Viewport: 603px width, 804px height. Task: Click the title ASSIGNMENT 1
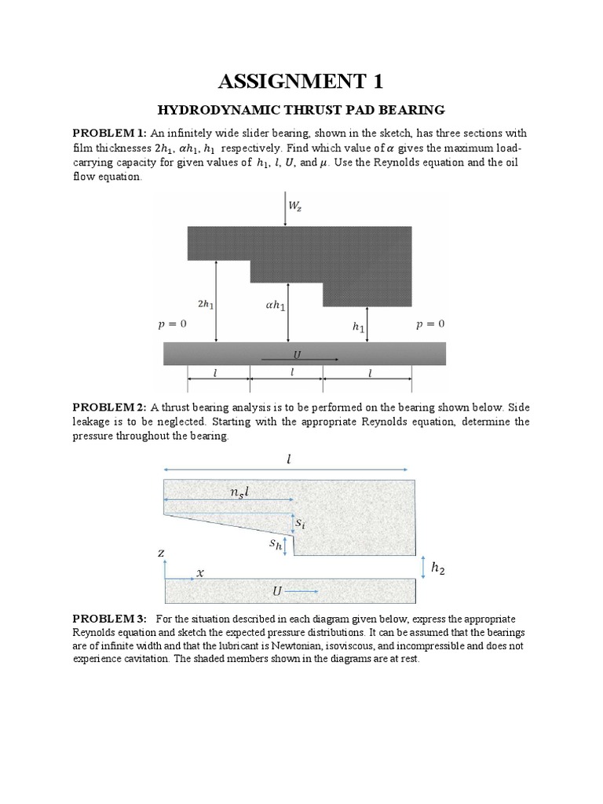click(301, 81)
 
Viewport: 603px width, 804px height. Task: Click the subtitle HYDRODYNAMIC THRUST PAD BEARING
click(301, 110)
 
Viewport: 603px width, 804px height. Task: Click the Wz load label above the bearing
click(295, 206)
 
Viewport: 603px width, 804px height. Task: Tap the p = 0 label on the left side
click(172, 323)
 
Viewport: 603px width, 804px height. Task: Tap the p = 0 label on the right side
click(429, 323)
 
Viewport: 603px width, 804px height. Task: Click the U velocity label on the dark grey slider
click(297, 355)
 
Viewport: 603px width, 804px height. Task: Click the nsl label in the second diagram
click(239, 492)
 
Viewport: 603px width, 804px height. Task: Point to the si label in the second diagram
click(301, 521)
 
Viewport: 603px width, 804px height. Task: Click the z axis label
click(161, 554)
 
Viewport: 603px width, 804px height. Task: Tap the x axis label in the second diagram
click(199, 573)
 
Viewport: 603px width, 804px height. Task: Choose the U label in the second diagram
click(277, 590)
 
